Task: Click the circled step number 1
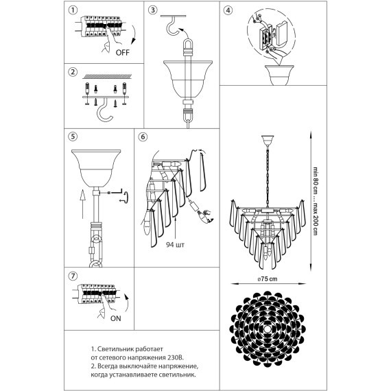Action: pos(73,10)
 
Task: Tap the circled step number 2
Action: pos(73,72)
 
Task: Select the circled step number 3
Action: pos(152,10)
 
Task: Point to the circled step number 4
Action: pos(228,10)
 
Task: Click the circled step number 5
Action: pos(73,137)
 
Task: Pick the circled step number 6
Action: pos(143,137)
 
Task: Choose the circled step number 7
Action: pos(73,276)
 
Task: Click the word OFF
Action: pos(123,53)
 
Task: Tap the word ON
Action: pos(116,318)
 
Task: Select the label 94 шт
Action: pos(175,245)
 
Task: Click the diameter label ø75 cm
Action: pos(268,279)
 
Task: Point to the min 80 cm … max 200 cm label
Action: pos(316,201)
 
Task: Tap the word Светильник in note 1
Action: pos(113,348)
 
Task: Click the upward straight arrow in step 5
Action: pos(82,204)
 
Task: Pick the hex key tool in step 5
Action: pos(115,192)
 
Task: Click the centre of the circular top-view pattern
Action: pos(268,329)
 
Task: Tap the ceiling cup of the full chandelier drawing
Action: pos(268,141)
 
